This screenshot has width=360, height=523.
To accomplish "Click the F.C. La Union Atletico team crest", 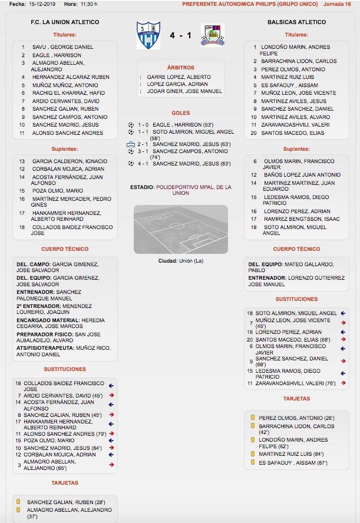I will [148, 35].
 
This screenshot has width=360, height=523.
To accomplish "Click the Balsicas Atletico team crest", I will [211, 35].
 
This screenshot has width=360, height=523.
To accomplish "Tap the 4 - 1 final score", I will [180, 36].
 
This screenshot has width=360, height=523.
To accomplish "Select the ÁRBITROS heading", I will [180, 68].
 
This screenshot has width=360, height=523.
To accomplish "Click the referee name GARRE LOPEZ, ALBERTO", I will [179, 77].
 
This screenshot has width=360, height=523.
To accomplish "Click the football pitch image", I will [180, 229].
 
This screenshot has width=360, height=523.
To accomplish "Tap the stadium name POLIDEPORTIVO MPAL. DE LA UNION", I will [194, 190].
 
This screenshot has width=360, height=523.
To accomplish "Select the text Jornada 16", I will [337, 4].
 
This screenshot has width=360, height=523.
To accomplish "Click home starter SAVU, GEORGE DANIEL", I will [62, 47].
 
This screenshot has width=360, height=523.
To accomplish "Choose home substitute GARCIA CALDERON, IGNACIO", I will [70, 161].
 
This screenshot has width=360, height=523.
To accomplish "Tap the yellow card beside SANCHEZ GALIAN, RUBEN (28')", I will [18, 502].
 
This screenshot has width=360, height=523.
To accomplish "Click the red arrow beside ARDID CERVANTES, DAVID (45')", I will [111, 395].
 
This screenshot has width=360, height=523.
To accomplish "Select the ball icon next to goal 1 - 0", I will [131, 125].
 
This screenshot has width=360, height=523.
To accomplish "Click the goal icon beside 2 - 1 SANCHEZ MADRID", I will [131, 144].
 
